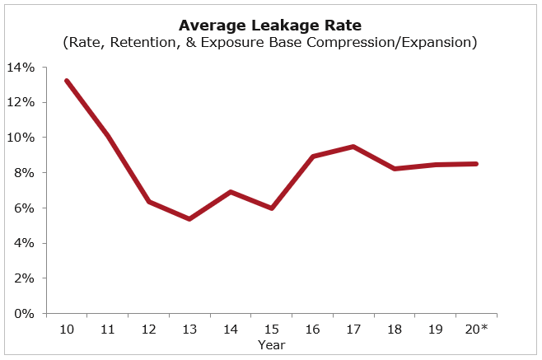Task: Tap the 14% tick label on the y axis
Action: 23,68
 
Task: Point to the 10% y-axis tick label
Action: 23,138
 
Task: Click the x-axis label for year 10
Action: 67,329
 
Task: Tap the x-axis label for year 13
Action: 189,329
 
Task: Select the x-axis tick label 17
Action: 353,329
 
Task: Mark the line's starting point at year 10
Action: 67,81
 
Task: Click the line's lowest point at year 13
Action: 189,219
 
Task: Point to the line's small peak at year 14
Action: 231,192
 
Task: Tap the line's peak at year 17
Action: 353,147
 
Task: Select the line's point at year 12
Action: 148,201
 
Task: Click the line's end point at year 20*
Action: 476,164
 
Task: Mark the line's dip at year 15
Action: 271,208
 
